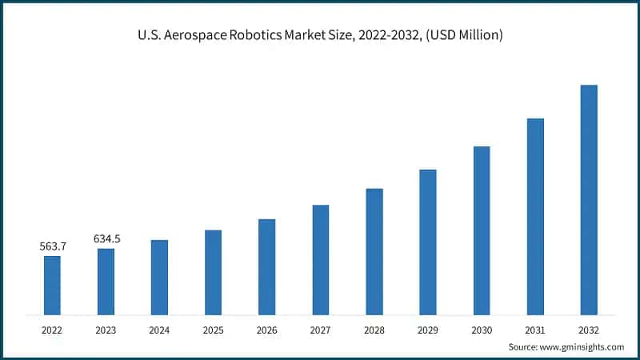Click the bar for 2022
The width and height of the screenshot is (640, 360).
[x=52, y=285]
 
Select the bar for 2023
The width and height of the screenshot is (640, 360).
[x=106, y=281]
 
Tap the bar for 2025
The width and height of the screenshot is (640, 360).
[x=213, y=272]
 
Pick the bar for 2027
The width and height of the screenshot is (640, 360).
[x=321, y=259]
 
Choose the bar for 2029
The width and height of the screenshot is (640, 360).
[x=428, y=242]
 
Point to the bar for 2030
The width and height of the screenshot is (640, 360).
[x=482, y=230]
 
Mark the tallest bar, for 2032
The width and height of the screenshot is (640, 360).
[x=589, y=199]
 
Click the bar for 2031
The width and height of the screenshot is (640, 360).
[x=535, y=216]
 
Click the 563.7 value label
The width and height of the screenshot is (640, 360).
[x=53, y=246]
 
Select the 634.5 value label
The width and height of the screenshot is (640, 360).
[x=106, y=238]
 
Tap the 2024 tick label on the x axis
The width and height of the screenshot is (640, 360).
[x=159, y=329]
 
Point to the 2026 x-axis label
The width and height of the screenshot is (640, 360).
[x=266, y=329]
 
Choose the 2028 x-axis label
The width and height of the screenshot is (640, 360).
[x=374, y=329]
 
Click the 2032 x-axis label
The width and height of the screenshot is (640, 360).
[x=589, y=329]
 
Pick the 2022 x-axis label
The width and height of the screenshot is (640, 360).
[x=52, y=329]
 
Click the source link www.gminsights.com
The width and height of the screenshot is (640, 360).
[x=582, y=346]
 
